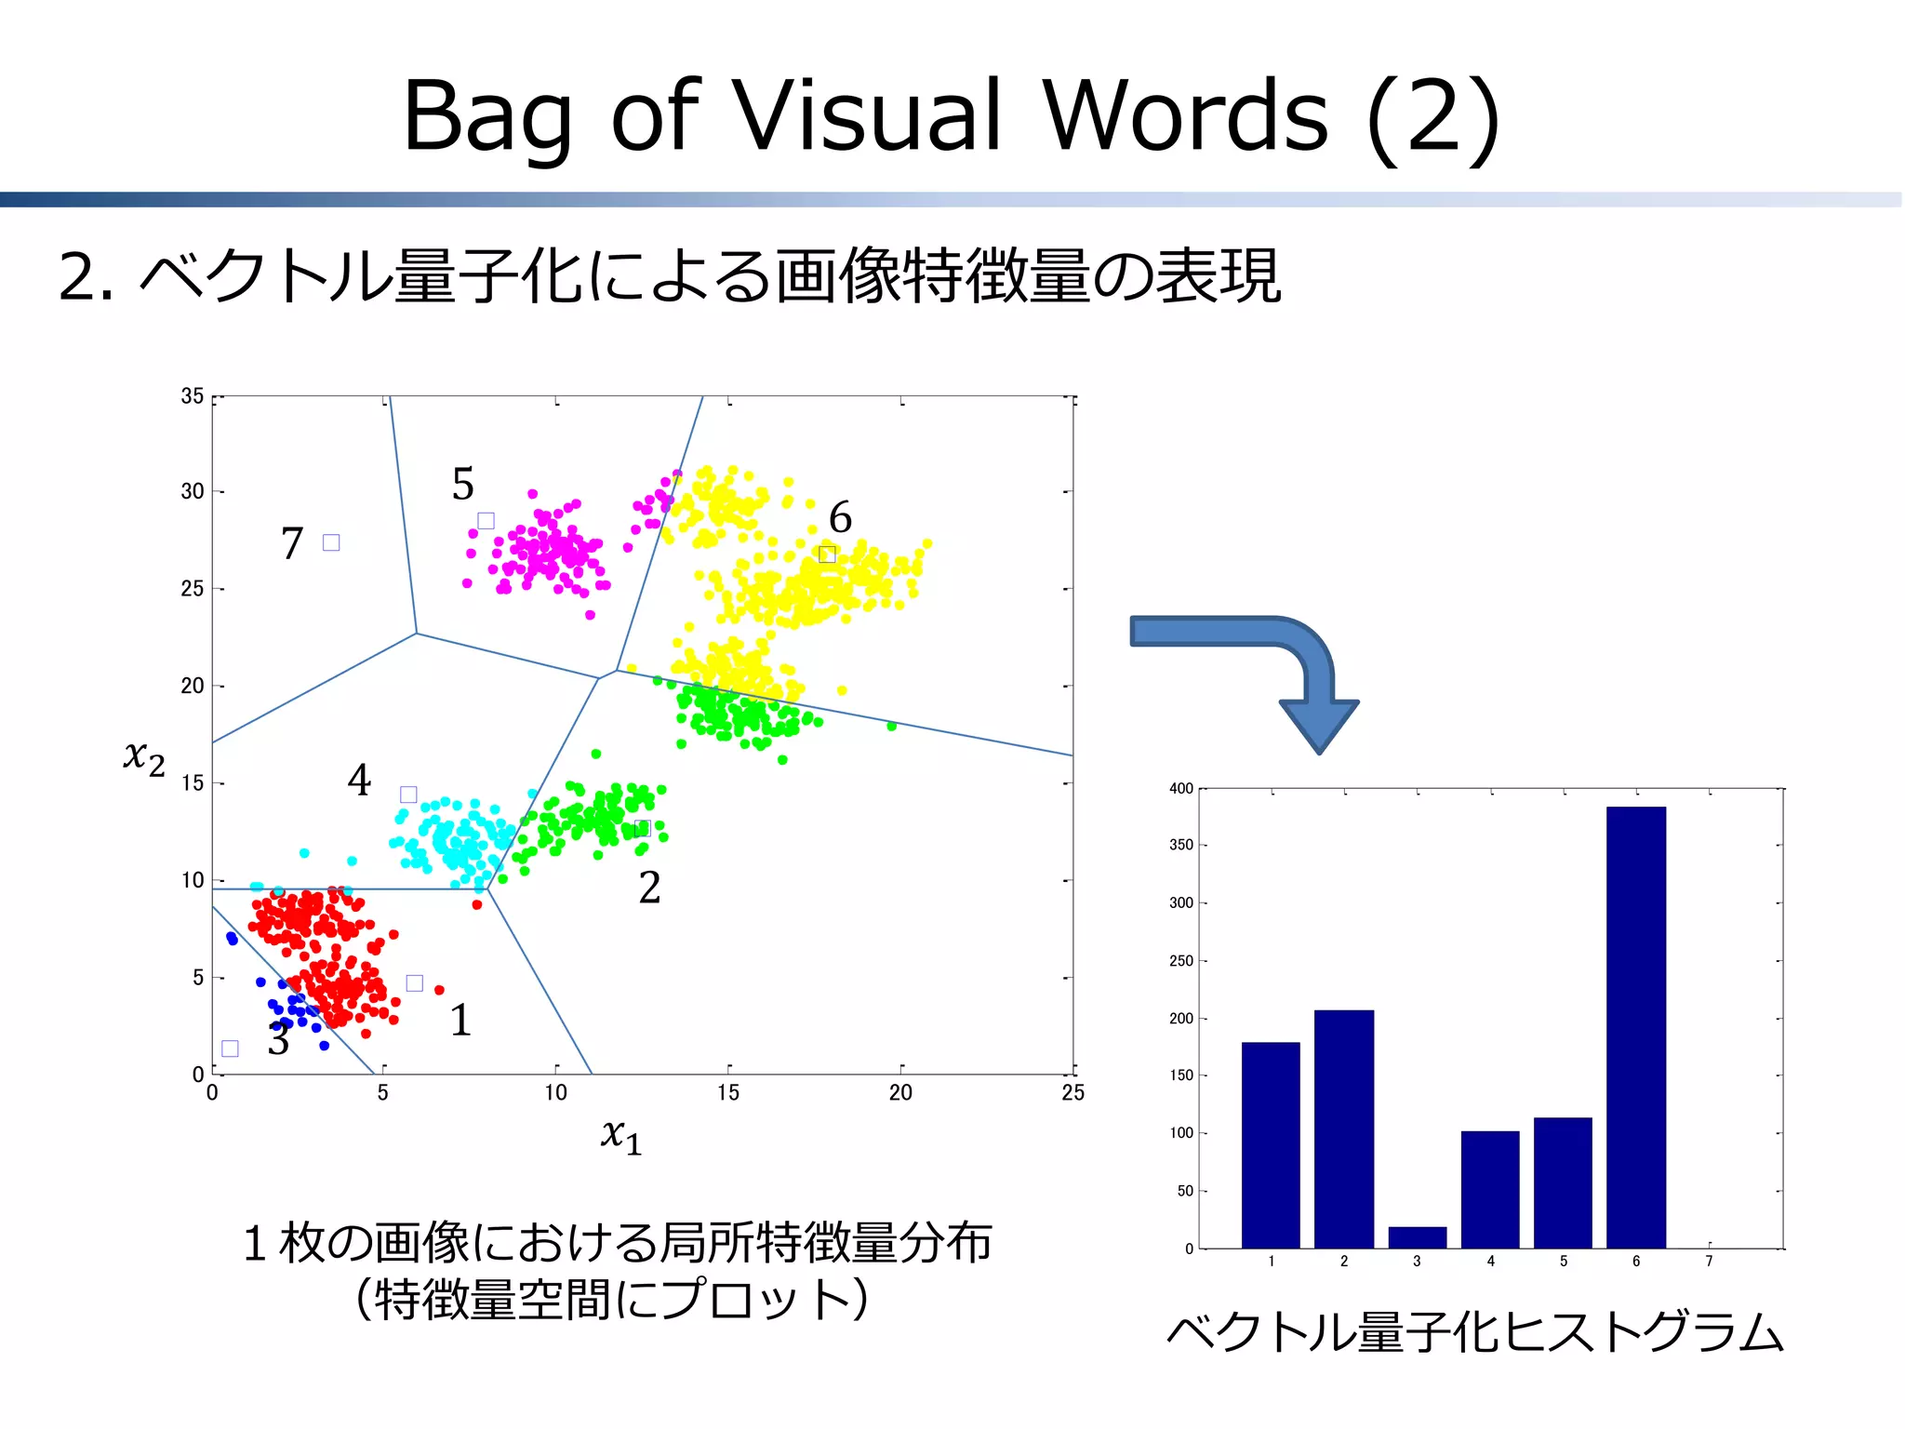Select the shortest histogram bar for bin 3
coord(1417,1237)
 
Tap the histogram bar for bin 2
coord(1343,1128)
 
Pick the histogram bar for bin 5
coord(1563,1182)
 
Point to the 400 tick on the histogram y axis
coord(1180,789)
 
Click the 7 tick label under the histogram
coord(1709,1262)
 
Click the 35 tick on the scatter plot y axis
coord(192,396)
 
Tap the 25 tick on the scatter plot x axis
coord(1072,1093)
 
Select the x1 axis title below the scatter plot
coord(621,1135)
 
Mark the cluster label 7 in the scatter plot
coord(292,543)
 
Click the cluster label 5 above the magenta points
coord(462,484)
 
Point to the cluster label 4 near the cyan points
coord(359,780)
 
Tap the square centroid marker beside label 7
coord(331,542)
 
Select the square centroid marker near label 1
coord(415,983)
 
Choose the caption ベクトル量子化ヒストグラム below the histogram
coord(1474,1332)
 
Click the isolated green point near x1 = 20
coord(891,726)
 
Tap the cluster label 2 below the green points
coord(649,888)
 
